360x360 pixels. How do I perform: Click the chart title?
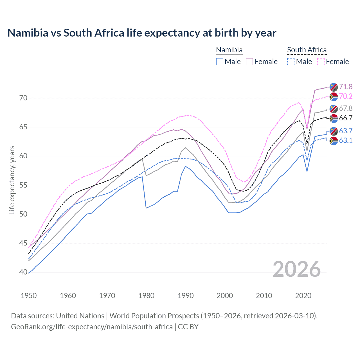coord(142,33)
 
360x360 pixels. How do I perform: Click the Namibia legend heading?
coord(229,50)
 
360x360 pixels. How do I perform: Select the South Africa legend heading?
coord(307,50)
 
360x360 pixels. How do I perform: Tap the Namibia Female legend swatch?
coord(249,62)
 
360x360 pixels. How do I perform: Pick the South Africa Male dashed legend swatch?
coord(291,62)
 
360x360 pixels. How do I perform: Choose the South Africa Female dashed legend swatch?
coord(321,62)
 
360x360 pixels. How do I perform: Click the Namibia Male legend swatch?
coord(220,62)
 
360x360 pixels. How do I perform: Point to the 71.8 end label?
coord(346,87)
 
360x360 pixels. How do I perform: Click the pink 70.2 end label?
coord(346,96)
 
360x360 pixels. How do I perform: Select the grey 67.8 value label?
coord(346,108)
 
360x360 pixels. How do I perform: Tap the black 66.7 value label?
coord(346,118)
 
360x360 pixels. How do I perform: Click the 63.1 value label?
coord(346,140)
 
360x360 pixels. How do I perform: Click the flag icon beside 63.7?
coord(334,131)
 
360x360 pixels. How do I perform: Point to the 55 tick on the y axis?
coord(24,185)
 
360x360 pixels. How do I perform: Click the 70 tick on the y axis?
coord(24,98)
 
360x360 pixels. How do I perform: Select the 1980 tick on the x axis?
coord(146,296)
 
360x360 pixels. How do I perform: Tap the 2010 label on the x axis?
coord(264,296)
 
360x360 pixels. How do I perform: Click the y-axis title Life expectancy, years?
coord(12,180)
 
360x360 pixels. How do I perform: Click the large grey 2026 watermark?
coord(296,269)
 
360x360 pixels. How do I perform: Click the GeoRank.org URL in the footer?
coord(92,327)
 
